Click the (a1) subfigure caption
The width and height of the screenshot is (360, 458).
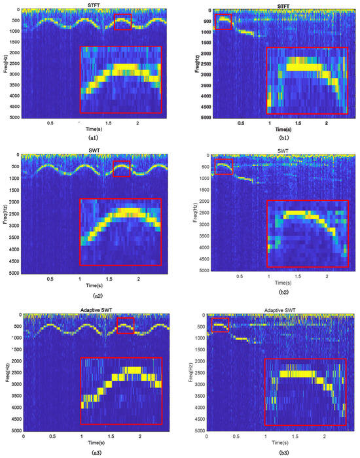(x=94, y=138)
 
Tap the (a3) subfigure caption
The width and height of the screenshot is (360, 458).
(x=94, y=451)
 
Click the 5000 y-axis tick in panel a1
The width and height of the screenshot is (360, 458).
(x=13, y=117)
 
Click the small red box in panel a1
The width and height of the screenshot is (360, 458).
(x=122, y=22)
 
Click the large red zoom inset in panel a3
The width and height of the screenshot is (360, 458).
(x=120, y=391)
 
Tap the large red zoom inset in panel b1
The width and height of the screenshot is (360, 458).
(x=307, y=80)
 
